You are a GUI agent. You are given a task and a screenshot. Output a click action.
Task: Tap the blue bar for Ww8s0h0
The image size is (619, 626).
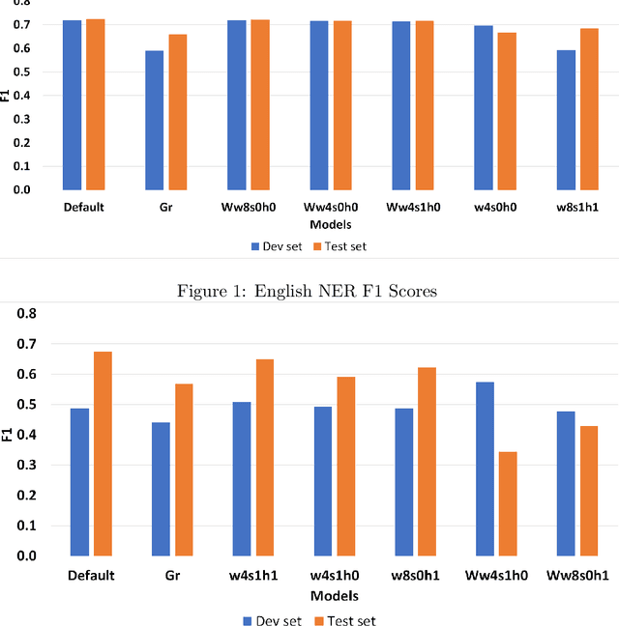pos(237,105)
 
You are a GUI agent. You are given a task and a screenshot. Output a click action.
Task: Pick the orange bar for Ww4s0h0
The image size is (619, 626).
pos(342,105)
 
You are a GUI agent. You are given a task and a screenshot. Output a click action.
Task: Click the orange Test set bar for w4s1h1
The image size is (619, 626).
pos(264,458)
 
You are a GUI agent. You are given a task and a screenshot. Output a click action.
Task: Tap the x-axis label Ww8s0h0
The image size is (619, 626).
pos(249,207)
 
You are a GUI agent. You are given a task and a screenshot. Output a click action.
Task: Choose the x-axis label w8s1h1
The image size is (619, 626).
pos(577,207)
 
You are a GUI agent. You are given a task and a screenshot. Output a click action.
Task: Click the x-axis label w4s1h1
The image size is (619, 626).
pos(253,576)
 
